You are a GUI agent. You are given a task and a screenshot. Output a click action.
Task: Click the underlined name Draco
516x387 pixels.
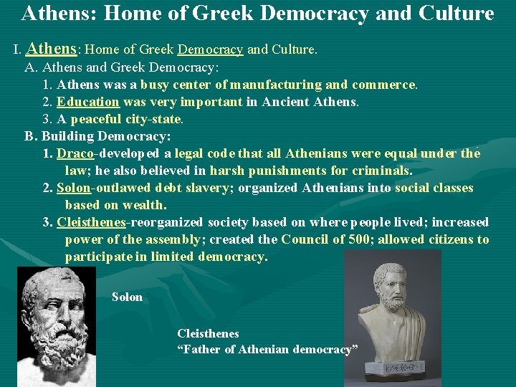[x=75, y=153]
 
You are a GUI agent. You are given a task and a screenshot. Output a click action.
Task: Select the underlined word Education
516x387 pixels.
[x=87, y=102]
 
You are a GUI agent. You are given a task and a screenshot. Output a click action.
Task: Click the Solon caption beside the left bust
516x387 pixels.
[x=127, y=297]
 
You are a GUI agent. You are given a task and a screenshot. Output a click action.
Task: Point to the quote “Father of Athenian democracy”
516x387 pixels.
[x=267, y=350]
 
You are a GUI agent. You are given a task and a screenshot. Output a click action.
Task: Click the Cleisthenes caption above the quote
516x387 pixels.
[x=208, y=334]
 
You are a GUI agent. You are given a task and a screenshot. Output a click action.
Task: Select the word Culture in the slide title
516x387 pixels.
[x=457, y=13]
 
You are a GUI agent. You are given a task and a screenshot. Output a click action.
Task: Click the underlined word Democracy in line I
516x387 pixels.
[x=210, y=50]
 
